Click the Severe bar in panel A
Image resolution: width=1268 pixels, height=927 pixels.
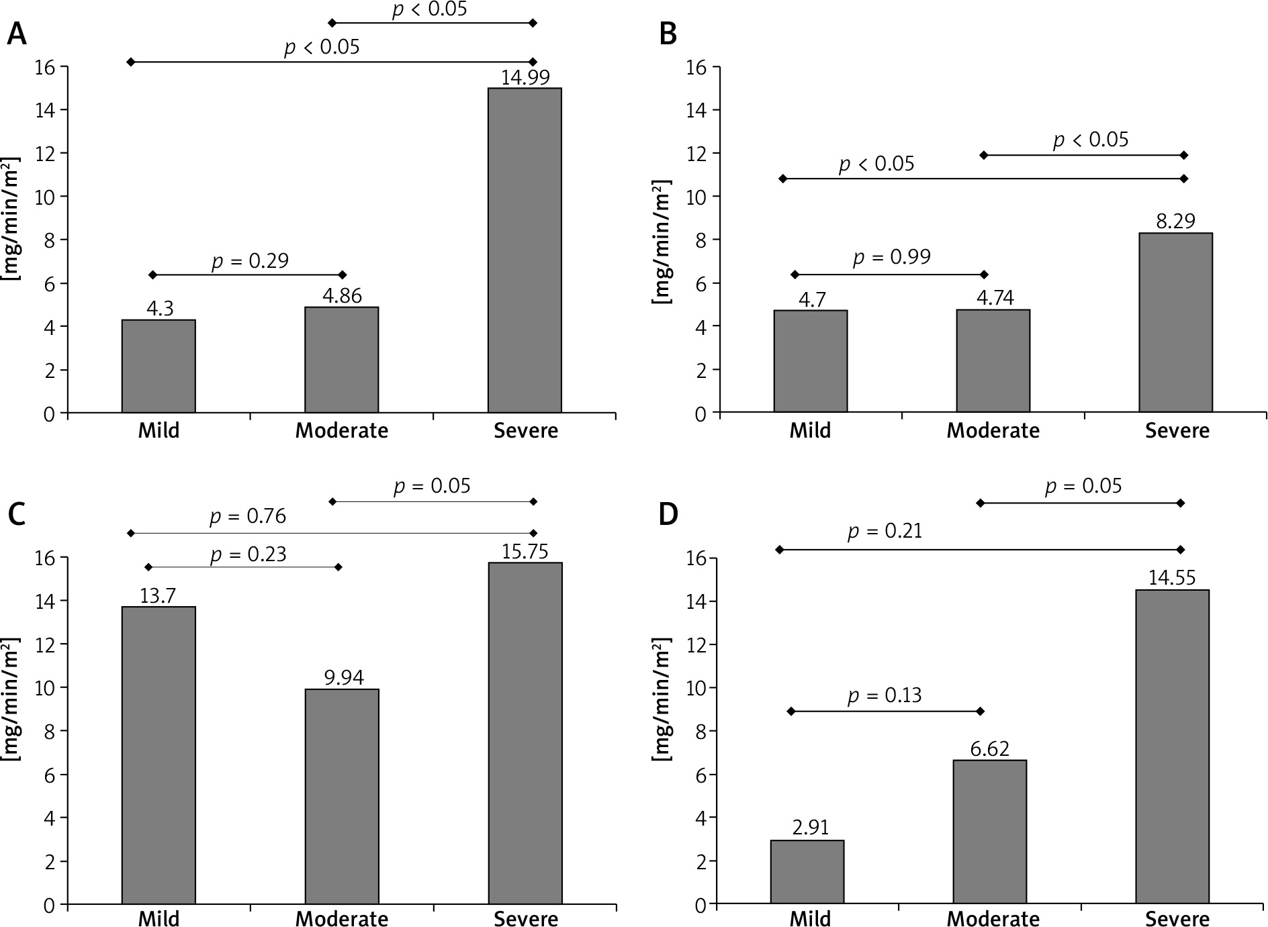[x=525, y=250]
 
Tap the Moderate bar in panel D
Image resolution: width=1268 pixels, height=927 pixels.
[x=989, y=832]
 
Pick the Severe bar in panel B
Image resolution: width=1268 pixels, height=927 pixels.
[x=1175, y=322]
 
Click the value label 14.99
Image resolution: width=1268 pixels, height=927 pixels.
[x=525, y=77]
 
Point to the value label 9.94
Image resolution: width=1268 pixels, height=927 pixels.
[x=344, y=678]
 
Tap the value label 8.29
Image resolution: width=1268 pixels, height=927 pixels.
[x=1176, y=222]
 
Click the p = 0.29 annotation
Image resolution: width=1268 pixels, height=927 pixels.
[x=250, y=260]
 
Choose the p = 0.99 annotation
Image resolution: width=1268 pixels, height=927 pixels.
[x=891, y=257]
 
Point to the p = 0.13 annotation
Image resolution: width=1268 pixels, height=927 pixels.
[x=884, y=695]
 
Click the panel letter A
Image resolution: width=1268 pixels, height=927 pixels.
[x=16, y=34]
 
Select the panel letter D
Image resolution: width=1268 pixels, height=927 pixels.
[x=668, y=515]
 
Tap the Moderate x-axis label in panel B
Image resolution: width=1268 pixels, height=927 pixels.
[x=993, y=430]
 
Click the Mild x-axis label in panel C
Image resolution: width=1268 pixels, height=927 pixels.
[x=158, y=918]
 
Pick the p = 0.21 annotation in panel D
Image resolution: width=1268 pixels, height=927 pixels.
[x=885, y=532]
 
